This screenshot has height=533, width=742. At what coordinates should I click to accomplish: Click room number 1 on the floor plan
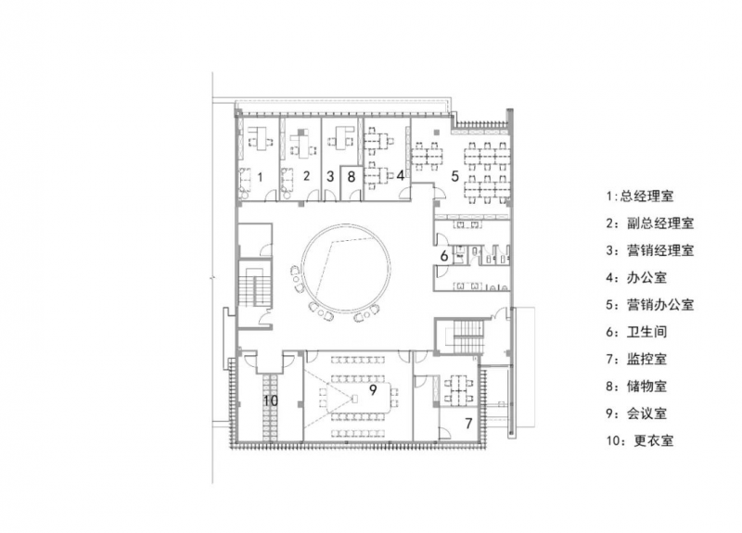click(x=260, y=177)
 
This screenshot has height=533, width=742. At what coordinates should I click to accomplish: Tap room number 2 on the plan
click(x=306, y=176)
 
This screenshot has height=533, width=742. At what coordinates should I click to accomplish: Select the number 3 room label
click(x=330, y=176)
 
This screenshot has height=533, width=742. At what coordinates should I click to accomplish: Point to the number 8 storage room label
click(x=351, y=176)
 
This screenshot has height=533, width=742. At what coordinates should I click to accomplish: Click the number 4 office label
click(x=401, y=175)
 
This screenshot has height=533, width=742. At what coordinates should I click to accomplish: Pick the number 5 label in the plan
click(x=454, y=176)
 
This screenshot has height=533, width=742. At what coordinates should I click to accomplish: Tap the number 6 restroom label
click(x=444, y=256)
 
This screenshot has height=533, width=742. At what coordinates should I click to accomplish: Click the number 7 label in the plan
click(x=468, y=424)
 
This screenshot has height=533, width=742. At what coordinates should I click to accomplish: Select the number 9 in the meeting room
click(x=373, y=390)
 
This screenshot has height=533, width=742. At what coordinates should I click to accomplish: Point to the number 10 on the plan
click(x=271, y=400)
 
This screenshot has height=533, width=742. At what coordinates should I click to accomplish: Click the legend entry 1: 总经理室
click(x=640, y=196)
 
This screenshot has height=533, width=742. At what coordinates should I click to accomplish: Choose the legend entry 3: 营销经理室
click(x=650, y=250)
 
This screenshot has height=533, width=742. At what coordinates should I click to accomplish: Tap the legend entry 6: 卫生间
click(x=637, y=332)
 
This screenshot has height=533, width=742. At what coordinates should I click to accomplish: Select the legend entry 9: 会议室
click(x=637, y=413)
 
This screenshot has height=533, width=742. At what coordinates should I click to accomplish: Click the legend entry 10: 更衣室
click(x=640, y=441)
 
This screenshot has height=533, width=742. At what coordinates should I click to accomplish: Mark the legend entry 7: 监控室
click(x=637, y=359)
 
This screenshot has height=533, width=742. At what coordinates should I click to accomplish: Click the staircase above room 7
click(x=467, y=336)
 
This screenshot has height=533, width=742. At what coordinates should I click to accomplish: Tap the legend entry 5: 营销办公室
click(x=650, y=305)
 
